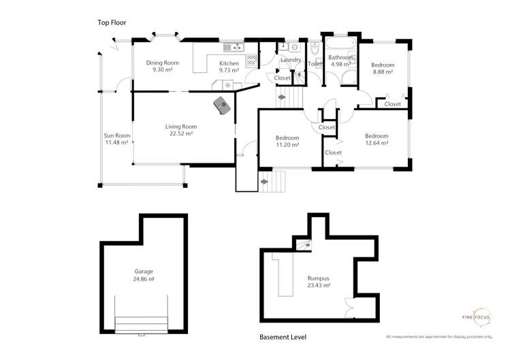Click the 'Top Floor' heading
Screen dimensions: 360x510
click(x=111, y=22)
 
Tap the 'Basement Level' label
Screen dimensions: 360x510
click(x=283, y=337)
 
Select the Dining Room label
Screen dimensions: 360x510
click(x=162, y=63)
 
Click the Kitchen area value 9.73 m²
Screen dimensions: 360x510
click(x=228, y=70)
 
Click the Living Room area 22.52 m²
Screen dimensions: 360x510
click(x=180, y=134)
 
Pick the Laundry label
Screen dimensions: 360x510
click(x=291, y=60)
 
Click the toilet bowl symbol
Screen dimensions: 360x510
click(x=315, y=50)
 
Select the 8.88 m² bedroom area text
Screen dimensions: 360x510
click(x=383, y=73)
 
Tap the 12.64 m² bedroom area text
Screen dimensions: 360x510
click(x=376, y=143)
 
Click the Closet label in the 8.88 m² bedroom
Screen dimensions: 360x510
click(x=392, y=104)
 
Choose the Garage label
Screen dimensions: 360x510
click(x=144, y=271)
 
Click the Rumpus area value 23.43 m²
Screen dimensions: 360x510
click(x=317, y=286)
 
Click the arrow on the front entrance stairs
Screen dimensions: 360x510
click(x=264, y=181)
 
